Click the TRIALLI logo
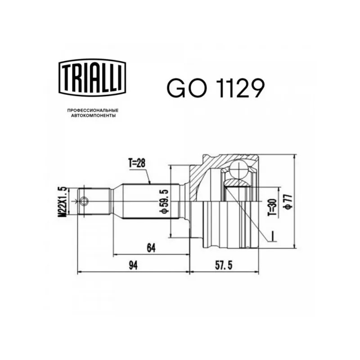[x=93, y=77]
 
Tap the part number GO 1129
[x=216, y=88]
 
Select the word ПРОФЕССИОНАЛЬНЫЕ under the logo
[x=93, y=111]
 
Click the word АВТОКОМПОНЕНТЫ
[x=93, y=116]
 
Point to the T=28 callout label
[x=137, y=163]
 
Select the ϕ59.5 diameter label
[x=165, y=201]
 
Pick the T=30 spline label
[x=273, y=207]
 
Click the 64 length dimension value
[x=151, y=248]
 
